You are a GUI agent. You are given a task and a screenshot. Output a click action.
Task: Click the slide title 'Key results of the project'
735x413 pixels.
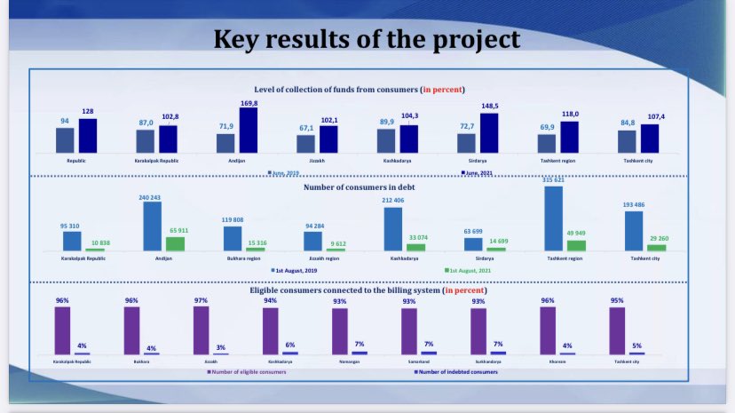pyautogui.click(x=367, y=38)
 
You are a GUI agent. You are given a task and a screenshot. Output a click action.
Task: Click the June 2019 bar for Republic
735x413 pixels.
pyautogui.click(x=65, y=140)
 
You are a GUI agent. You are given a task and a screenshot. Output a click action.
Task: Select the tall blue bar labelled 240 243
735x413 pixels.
pyautogui.click(x=153, y=226)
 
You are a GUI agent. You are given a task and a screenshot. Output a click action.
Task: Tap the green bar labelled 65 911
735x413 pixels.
pyautogui.click(x=176, y=243)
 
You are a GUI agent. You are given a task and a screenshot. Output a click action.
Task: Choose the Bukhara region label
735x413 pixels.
pyautogui.click(x=244, y=258)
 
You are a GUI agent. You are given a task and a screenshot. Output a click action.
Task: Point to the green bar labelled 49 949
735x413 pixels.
pyautogui.click(x=577, y=245)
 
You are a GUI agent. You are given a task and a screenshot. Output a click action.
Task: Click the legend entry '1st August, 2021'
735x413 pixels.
pyautogui.click(x=468, y=269)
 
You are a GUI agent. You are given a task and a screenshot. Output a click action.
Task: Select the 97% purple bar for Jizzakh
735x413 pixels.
pyautogui.click(x=201, y=330)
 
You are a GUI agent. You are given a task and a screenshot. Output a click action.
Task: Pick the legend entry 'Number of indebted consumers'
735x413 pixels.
pyautogui.click(x=453, y=371)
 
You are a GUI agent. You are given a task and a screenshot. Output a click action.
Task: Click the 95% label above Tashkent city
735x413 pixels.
pyautogui.click(x=616, y=300)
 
